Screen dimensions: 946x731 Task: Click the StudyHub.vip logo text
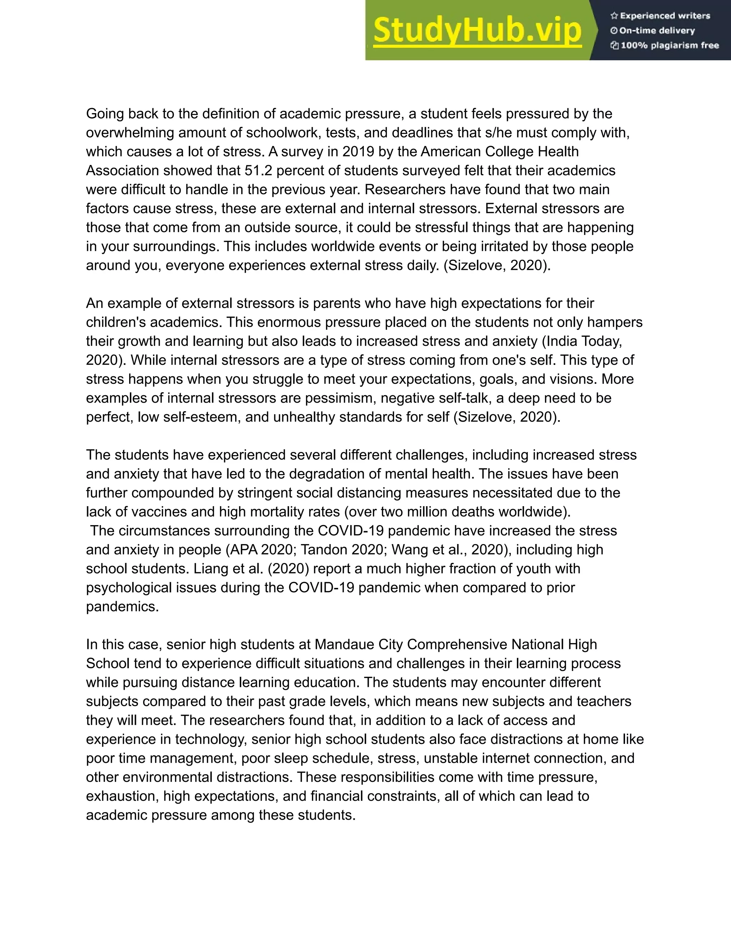[477, 30]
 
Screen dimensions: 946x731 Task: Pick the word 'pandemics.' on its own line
[122, 607]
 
